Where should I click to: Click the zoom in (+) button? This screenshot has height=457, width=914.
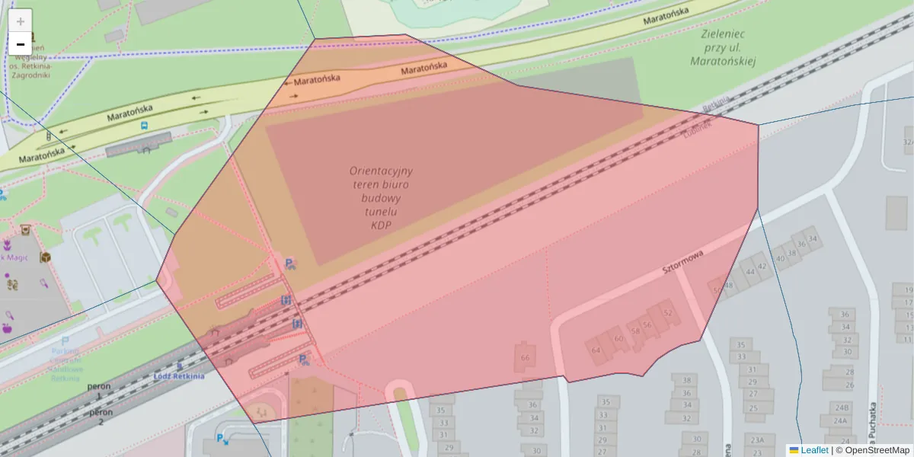(21, 21)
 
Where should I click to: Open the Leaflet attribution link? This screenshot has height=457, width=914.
(813, 450)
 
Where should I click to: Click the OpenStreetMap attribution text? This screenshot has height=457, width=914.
(877, 450)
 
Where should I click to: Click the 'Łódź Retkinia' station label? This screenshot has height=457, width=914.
(178, 376)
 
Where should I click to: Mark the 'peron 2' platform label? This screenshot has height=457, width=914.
(101, 417)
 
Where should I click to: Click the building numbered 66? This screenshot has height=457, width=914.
(524, 358)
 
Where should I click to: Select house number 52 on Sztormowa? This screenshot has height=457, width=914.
(668, 313)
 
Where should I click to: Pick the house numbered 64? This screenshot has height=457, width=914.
(596, 350)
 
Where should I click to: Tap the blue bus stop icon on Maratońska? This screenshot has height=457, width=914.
(145, 126)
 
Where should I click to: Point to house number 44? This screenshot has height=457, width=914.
(750, 271)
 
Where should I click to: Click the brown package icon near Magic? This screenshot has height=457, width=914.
(45, 257)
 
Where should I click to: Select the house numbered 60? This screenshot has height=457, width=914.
(618, 339)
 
